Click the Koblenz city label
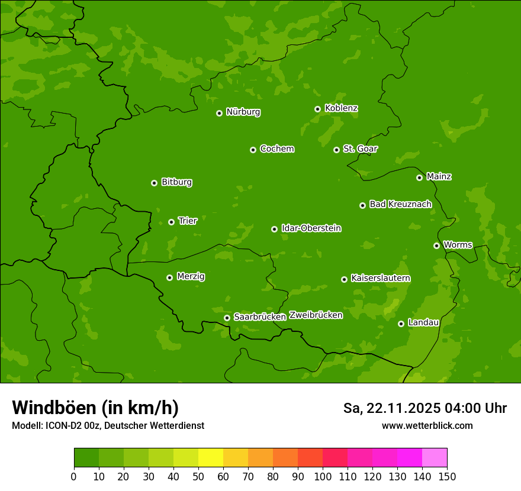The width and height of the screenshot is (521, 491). coord(341,108)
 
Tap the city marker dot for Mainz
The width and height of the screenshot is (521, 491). coord(419,177)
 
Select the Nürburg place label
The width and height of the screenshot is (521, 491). coord(243,112)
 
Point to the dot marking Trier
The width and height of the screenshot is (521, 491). coord(171,222)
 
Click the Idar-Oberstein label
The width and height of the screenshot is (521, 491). coord(311,228)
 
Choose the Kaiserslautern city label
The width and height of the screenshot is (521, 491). coord(380,278)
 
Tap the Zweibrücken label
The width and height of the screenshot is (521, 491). coord(316,315)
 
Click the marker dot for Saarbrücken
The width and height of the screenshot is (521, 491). coord(227,318)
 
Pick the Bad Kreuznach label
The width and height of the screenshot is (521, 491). coord(400,204)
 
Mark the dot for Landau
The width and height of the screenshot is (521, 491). coord(401,324)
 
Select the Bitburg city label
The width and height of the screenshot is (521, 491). coord(176,182)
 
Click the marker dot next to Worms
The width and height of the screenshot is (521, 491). coord(436,246)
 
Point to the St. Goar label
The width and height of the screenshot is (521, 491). coord(360,149)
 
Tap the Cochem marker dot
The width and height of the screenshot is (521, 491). coord(253,150)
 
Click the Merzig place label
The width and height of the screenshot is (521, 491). coord(191,276)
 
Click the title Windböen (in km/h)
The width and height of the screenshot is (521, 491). coord(95,408)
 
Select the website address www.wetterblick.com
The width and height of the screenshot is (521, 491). coord(427,425)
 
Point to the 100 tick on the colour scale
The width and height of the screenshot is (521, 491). coord(323,476)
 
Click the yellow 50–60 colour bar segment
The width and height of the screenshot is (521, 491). coord(211,458)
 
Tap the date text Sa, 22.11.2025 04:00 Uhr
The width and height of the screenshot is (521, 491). coord(424,408)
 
